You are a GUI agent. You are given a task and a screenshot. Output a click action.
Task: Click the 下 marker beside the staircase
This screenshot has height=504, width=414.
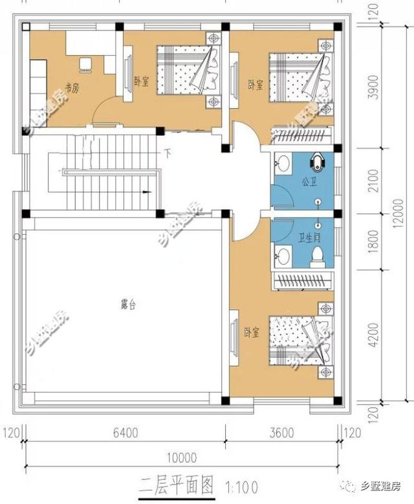coord(168,154)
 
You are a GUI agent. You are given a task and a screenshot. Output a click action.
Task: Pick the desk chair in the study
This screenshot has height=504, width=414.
coord(84,63)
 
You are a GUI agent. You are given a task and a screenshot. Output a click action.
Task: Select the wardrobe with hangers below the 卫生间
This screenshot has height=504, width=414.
coord(301,279)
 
